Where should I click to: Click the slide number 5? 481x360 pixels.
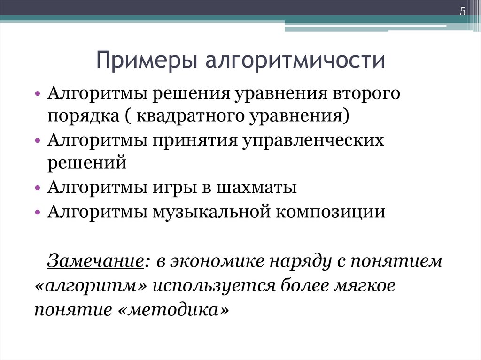coord(463,12)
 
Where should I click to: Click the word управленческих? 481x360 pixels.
coord(313,140)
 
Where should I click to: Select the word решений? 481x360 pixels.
coord(87,163)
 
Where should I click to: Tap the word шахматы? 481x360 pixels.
coord(256,188)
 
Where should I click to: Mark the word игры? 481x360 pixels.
coord(172,188)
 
